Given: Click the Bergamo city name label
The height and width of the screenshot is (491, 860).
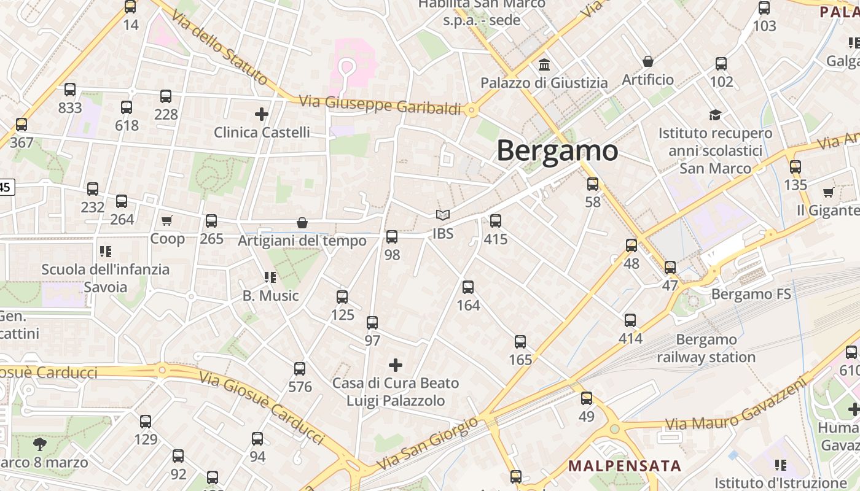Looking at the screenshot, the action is pyautogui.click(x=557, y=151).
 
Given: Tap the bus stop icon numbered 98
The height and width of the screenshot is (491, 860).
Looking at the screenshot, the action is pyautogui.click(x=392, y=236).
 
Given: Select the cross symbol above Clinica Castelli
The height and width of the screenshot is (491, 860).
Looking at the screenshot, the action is pyautogui.click(x=262, y=114).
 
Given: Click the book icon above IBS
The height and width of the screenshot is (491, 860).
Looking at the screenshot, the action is pyautogui.click(x=442, y=215).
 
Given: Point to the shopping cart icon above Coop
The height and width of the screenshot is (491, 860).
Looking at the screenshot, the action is pyautogui.click(x=167, y=220).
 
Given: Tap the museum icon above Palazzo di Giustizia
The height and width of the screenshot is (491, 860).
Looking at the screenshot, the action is pyautogui.click(x=544, y=64).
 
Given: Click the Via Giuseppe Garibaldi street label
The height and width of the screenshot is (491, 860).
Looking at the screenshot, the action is pyautogui.click(x=380, y=105).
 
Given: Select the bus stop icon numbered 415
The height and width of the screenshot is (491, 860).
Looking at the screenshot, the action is pyautogui.click(x=496, y=221).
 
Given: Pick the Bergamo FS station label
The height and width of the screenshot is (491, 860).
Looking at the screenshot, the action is pyautogui.click(x=751, y=295).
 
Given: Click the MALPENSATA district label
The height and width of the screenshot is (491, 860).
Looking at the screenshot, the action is pyautogui.click(x=625, y=466).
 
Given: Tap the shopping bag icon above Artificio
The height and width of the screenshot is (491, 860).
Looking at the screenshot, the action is pyautogui.click(x=647, y=61).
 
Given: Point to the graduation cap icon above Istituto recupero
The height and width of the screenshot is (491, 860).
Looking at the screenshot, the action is pyautogui.click(x=715, y=115).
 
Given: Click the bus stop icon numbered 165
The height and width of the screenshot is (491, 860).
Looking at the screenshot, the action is pyautogui.click(x=520, y=342).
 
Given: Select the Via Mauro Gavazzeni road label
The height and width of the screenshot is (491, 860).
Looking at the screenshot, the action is pyautogui.click(x=735, y=406).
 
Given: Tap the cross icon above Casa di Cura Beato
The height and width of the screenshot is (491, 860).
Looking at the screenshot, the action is pyautogui.click(x=396, y=366).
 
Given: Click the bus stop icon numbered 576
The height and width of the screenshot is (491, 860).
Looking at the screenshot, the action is pyautogui.click(x=300, y=369).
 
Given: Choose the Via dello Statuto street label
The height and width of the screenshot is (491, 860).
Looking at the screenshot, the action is pyautogui.click(x=219, y=48).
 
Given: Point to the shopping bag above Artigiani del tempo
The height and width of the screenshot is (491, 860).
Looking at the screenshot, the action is pyautogui.click(x=302, y=222).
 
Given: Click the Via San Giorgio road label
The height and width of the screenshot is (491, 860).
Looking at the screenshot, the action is pyautogui.click(x=426, y=444).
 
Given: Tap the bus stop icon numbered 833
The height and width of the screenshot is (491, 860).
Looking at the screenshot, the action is pyautogui.click(x=70, y=90).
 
